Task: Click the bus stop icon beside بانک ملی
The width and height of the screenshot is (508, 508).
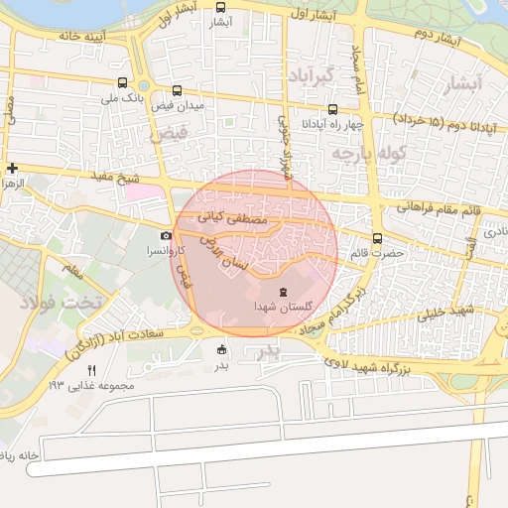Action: tap(122, 84)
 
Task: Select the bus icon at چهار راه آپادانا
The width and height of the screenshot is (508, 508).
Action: tap(331, 110)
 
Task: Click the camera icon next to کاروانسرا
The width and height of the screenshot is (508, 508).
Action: tap(166, 235)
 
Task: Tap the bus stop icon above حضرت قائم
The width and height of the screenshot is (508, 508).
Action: tap(377, 237)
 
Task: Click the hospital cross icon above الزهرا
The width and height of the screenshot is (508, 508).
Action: tap(12, 168)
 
